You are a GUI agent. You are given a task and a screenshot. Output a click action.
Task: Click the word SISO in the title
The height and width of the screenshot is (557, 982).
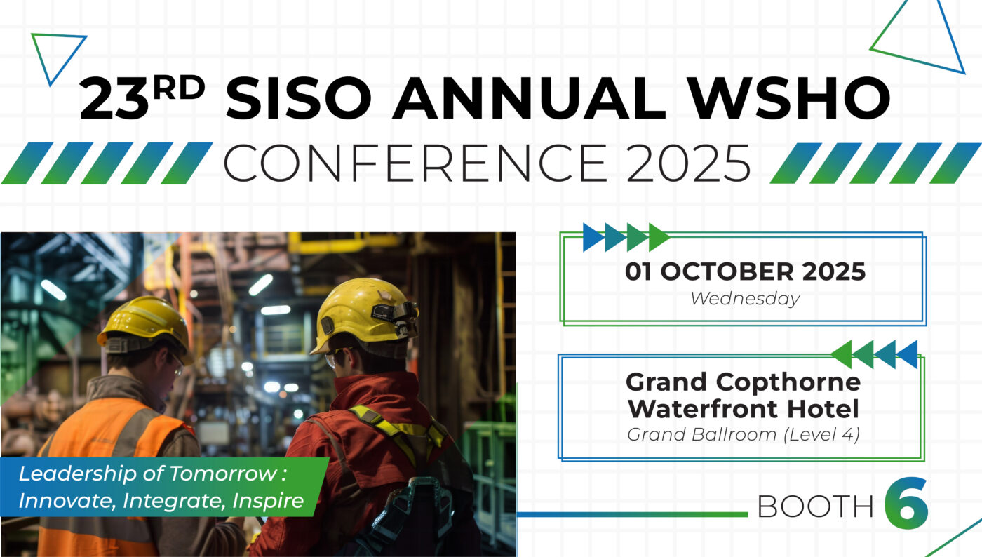click(299, 98)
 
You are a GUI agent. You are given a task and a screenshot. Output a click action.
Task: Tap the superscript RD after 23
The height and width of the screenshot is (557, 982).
click(179, 88)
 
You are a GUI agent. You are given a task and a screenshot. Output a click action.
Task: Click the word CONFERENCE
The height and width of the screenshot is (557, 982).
click(415, 163)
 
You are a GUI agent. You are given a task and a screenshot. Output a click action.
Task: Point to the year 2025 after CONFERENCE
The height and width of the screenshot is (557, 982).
click(689, 163)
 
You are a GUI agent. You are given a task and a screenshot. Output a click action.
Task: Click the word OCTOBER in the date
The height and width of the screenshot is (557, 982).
click(727, 271)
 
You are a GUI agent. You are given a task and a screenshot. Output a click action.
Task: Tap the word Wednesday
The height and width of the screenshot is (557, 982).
click(745, 299)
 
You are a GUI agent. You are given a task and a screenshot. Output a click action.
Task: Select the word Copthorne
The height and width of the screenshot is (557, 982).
click(788, 383)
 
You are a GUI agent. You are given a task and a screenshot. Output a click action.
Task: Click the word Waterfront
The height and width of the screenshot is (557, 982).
click(703, 409)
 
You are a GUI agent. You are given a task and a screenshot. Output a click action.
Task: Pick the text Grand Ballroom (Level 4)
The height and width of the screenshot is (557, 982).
click(744, 435)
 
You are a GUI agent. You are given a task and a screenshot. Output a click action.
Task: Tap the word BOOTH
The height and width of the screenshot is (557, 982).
click(815, 506)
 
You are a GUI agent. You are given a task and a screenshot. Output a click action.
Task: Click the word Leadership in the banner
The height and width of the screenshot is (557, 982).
click(77, 474)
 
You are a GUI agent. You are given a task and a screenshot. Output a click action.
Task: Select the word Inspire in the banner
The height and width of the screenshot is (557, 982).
click(268, 501)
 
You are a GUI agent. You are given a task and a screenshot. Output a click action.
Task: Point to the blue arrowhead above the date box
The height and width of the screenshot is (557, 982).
click(593, 237)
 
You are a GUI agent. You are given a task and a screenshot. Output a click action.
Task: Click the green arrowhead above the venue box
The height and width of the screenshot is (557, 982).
click(841, 354)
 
